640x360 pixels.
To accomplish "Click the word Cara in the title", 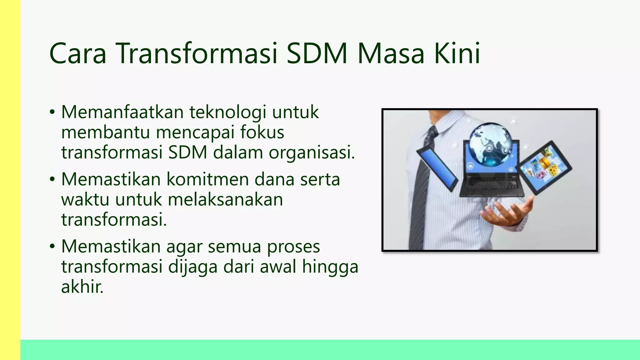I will (x=78, y=53).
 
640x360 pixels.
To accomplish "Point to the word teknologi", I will (x=228, y=112).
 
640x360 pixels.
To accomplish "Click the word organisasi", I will (x=312, y=153).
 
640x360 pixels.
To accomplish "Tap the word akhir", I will (x=82, y=287).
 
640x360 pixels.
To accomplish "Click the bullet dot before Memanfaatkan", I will (x=52, y=112).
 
